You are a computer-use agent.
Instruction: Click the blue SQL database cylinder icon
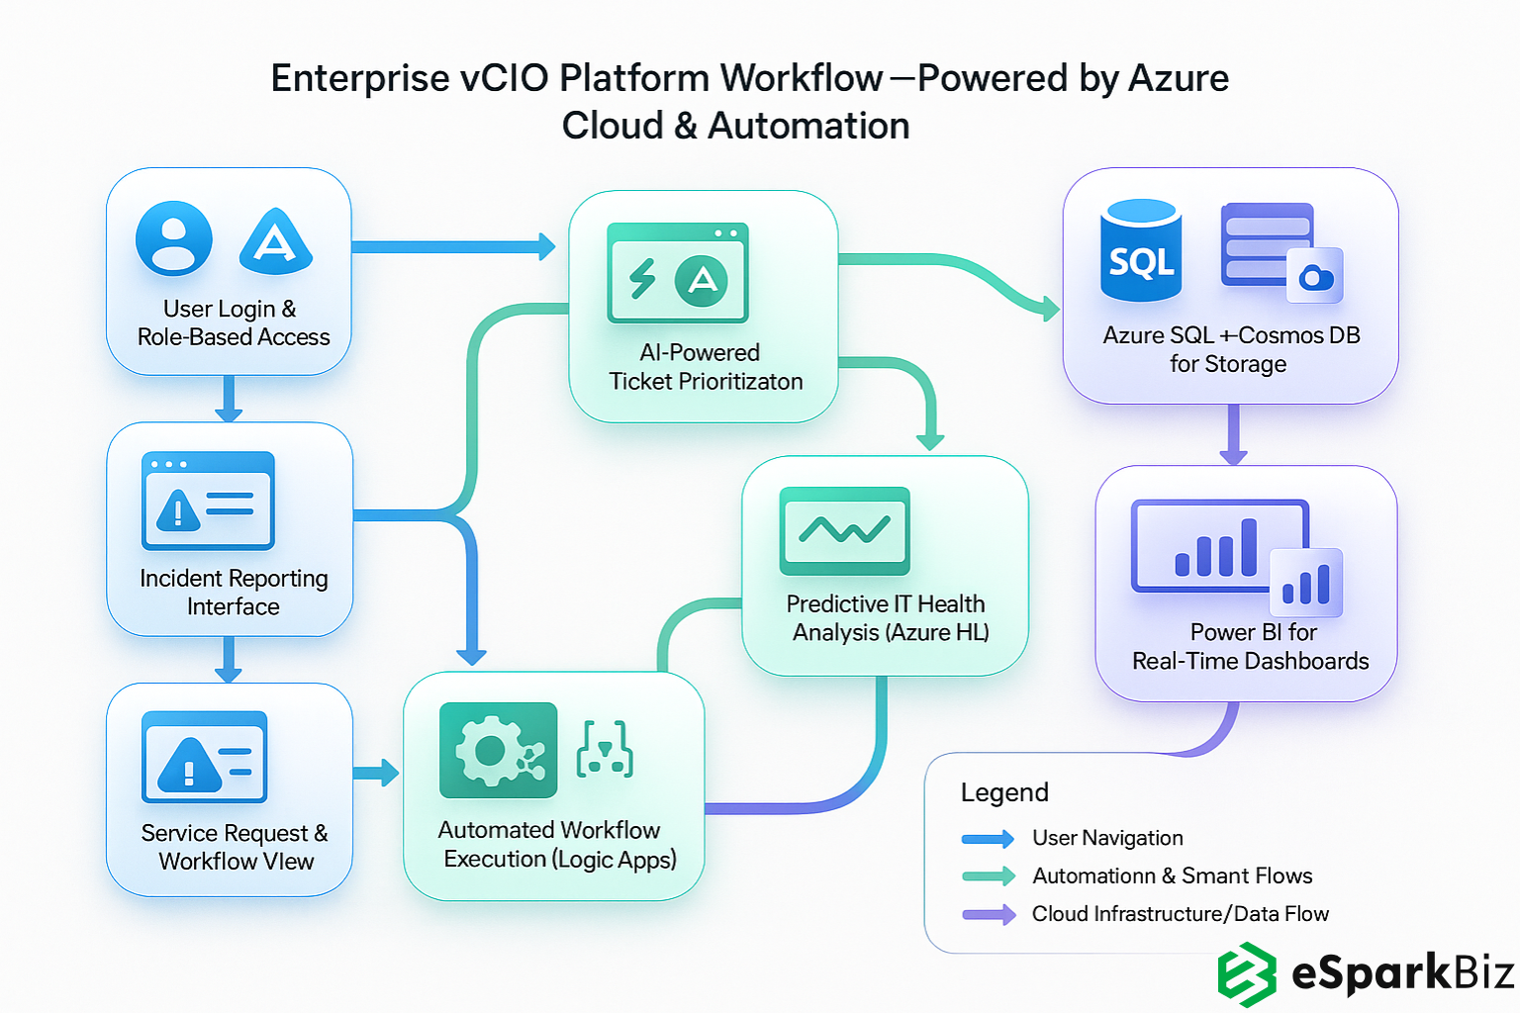pyautogui.click(x=1141, y=251)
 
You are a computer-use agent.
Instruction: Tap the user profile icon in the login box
pyautogui.click(x=173, y=238)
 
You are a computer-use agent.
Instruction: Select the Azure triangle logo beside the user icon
pyautogui.click(x=275, y=241)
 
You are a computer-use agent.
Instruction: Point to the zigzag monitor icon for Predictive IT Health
pyautogui.click(x=844, y=531)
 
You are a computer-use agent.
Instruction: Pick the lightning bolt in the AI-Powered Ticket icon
pyautogui.click(x=642, y=278)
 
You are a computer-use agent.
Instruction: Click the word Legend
pyautogui.click(x=1003, y=792)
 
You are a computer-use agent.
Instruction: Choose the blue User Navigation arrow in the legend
pyautogui.click(x=988, y=839)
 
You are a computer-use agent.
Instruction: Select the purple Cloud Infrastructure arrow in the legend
pyautogui.click(x=988, y=914)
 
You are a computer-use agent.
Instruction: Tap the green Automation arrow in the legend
pyautogui.click(x=988, y=876)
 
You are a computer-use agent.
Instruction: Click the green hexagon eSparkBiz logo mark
pyautogui.click(x=1246, y=974)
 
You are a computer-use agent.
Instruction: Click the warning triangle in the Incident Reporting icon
pyautogui.click(x=178, y=510)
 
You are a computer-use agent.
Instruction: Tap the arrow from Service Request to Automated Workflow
pyautogui.click(x=376, y=773)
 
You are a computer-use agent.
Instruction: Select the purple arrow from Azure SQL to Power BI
pyautogui.click(x=1233, y=434)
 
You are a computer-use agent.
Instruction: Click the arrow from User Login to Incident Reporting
pyautogui.click(x=229, y=399)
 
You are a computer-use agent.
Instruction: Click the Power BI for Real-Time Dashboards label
pyautogui.click(x=1250, y=646)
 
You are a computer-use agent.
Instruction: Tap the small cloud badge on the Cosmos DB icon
pyautogui.click(x=1315, y=276)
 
